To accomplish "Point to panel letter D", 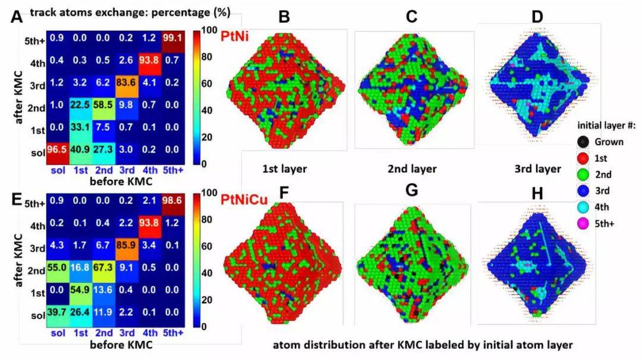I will (x=537, y=16).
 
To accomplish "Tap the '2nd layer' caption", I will (x=412, y=169).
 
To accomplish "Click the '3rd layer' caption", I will (x=537, y=169).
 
